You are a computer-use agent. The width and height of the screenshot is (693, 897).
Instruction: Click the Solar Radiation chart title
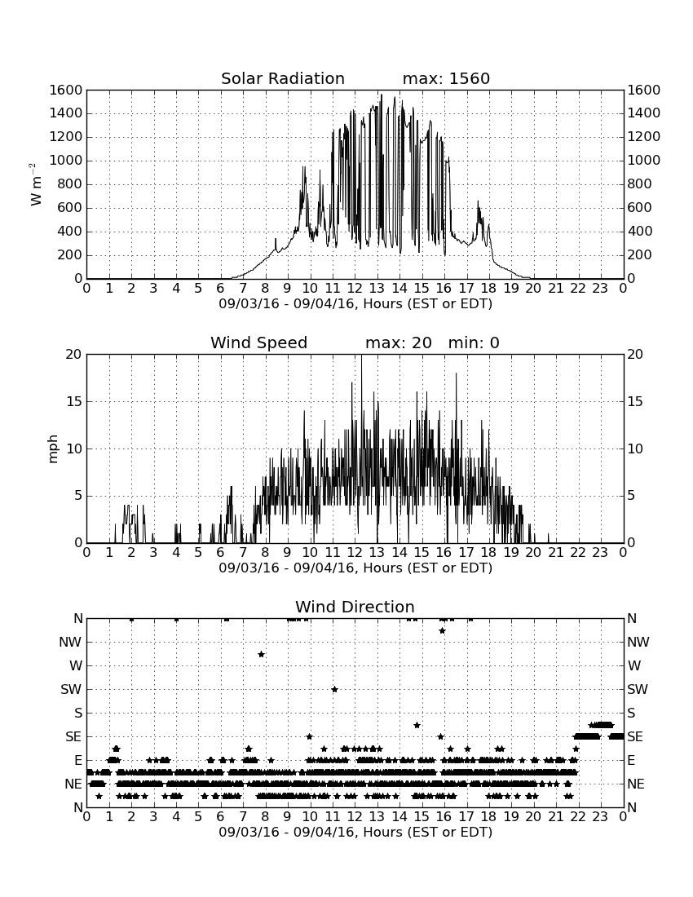pos(282,78)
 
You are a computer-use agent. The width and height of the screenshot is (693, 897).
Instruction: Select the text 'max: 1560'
pos(446,78)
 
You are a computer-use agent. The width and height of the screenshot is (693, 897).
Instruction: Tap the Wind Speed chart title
pos(259,342)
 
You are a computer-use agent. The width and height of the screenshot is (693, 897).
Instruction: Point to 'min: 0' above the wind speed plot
pos(474,342)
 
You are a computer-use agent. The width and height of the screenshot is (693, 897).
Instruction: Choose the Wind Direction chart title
pos(355,607)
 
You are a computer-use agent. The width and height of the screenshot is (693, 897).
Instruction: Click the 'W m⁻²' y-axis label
pos(35,184)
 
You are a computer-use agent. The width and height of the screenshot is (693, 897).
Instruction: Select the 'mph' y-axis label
pos(53,449)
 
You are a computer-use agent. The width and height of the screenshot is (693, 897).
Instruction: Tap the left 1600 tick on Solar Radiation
pos(66,91)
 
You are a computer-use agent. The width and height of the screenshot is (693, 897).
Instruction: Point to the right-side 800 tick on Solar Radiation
pos(640,184)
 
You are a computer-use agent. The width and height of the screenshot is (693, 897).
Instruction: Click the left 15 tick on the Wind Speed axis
pos(74,401)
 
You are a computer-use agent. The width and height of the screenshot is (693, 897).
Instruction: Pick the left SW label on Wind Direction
pos(72,689)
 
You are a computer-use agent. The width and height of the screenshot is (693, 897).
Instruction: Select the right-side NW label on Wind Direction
pos(638,643)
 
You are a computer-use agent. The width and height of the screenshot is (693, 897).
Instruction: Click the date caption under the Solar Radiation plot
pos(355,304)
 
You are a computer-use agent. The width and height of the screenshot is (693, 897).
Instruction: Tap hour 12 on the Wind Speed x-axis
pos(355,552)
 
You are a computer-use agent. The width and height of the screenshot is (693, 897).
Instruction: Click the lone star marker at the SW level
pos(334,689)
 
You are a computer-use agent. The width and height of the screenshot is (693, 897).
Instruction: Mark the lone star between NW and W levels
pos(262,655)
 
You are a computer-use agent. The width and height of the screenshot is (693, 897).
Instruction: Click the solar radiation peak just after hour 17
pos(478,202)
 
